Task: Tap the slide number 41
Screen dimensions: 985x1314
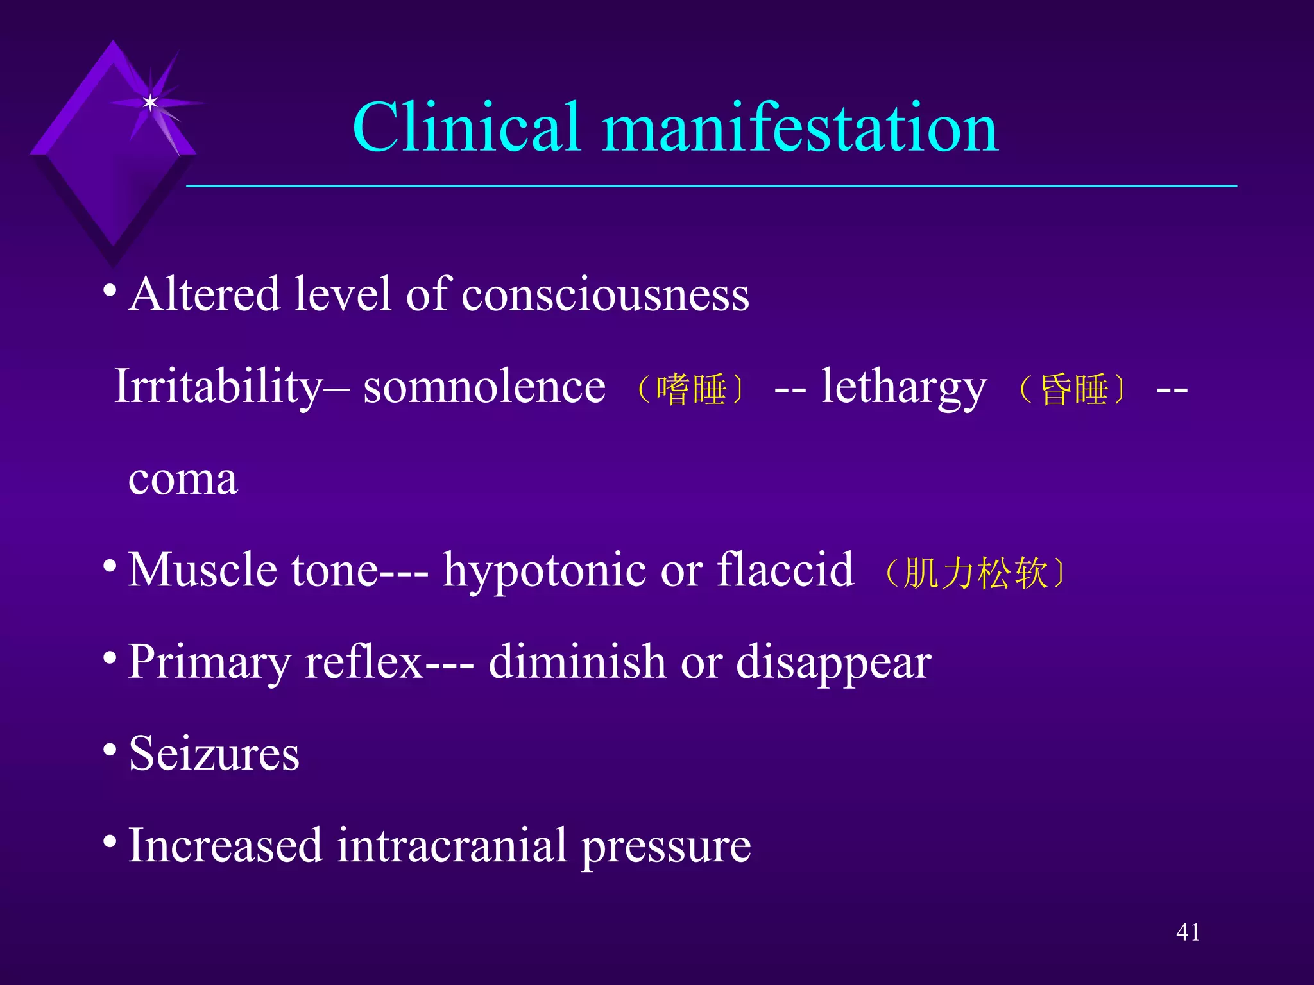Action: pyautogui.click(x=1188, y=932)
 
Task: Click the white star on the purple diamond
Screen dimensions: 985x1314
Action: pyautogui.click(x=150, y=103)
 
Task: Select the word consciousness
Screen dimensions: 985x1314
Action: pyautogui.click(x=605, y=295)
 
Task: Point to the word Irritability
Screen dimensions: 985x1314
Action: pyautogui.click(x=218, y=387)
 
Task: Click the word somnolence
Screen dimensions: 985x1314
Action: pyautogui.click(x=484, y=387)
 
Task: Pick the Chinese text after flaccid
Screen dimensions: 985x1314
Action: pyautogui.click(x=975, y=573)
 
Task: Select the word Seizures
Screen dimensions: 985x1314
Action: pyautogui.click(x=214, y=753)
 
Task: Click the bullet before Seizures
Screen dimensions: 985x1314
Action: pyautogui.click(x=110, y=749)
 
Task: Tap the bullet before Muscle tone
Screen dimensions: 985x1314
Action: pyautogui.click(x=110, y=566)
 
